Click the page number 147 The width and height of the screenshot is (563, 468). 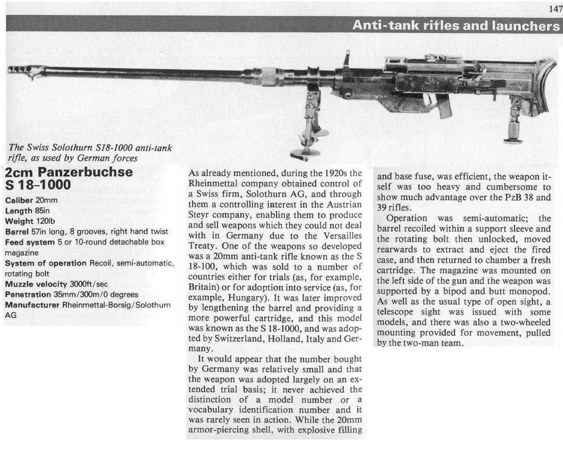pos(554,9)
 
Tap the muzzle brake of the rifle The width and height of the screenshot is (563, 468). pos(25,71)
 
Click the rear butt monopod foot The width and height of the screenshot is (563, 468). pos(513,140)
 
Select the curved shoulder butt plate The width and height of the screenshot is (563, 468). pos(549,85)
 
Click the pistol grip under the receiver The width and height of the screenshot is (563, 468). pos(443,106)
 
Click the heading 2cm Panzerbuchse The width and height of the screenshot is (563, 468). pos(69,172)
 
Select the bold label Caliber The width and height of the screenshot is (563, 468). pos(19,200)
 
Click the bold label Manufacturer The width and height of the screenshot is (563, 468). pos(32,305)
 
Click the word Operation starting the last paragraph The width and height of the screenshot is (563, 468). pos(407,218)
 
